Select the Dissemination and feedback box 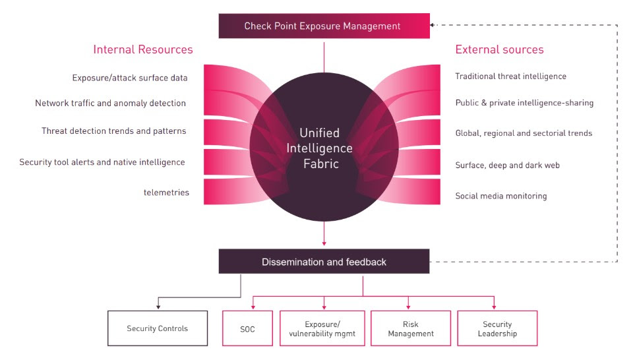click(x=324, y=262)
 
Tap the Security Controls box click(x=157, y=328)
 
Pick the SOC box click(x=248, y=328)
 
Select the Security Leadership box click(x=497, y=328)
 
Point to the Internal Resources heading click(x=143, y=49)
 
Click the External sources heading click(x=499, y=49)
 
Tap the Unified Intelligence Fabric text click(x=320, y=148)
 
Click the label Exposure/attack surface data click(x=130, y=78)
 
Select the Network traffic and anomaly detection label click(x=110, y=104)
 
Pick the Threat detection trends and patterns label click(x=113, y=131)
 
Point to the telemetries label click(x=166, y=193)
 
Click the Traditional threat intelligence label click(x=510, y=76)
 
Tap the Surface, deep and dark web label click(x=507, y=165)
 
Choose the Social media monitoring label click(x=500, y=196)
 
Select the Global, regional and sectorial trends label click(x=524, y=133)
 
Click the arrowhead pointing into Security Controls click(x=157, y=306)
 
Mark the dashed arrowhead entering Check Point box click(x=433, y=25)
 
